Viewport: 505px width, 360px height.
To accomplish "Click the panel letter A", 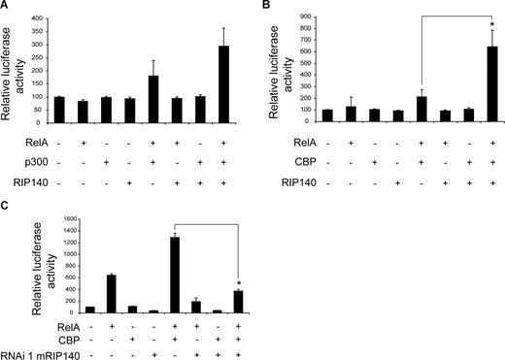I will coord(6,7).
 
